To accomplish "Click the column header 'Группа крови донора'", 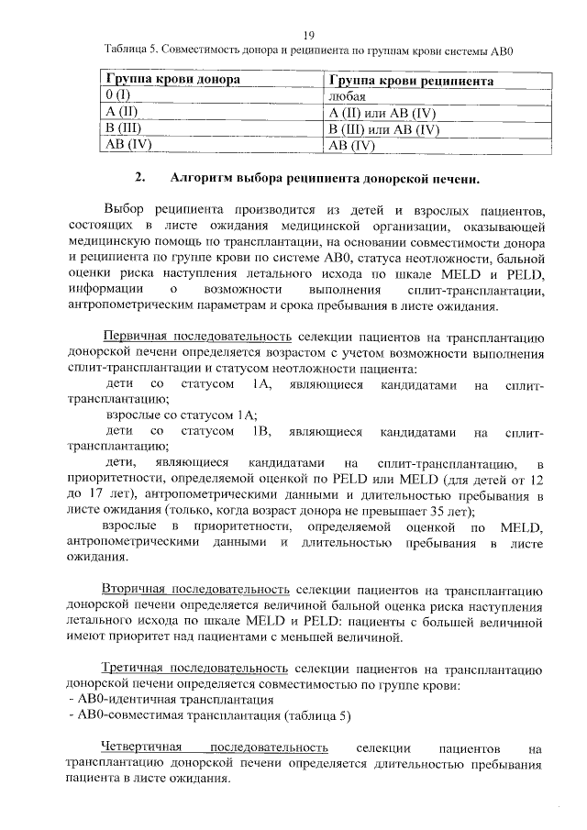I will tap(173, 81).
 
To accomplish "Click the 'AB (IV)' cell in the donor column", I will tap(127, 144).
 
